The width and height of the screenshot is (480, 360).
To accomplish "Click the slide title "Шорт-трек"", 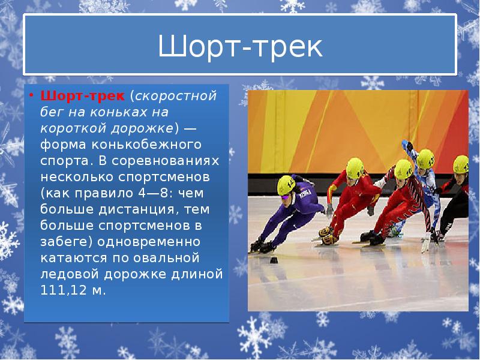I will click(240, 47).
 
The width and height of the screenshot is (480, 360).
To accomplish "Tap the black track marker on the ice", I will click(274, 260).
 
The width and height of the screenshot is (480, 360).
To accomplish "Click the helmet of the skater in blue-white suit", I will click(425, 158).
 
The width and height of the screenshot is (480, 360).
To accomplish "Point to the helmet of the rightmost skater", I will click(461, 164).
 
